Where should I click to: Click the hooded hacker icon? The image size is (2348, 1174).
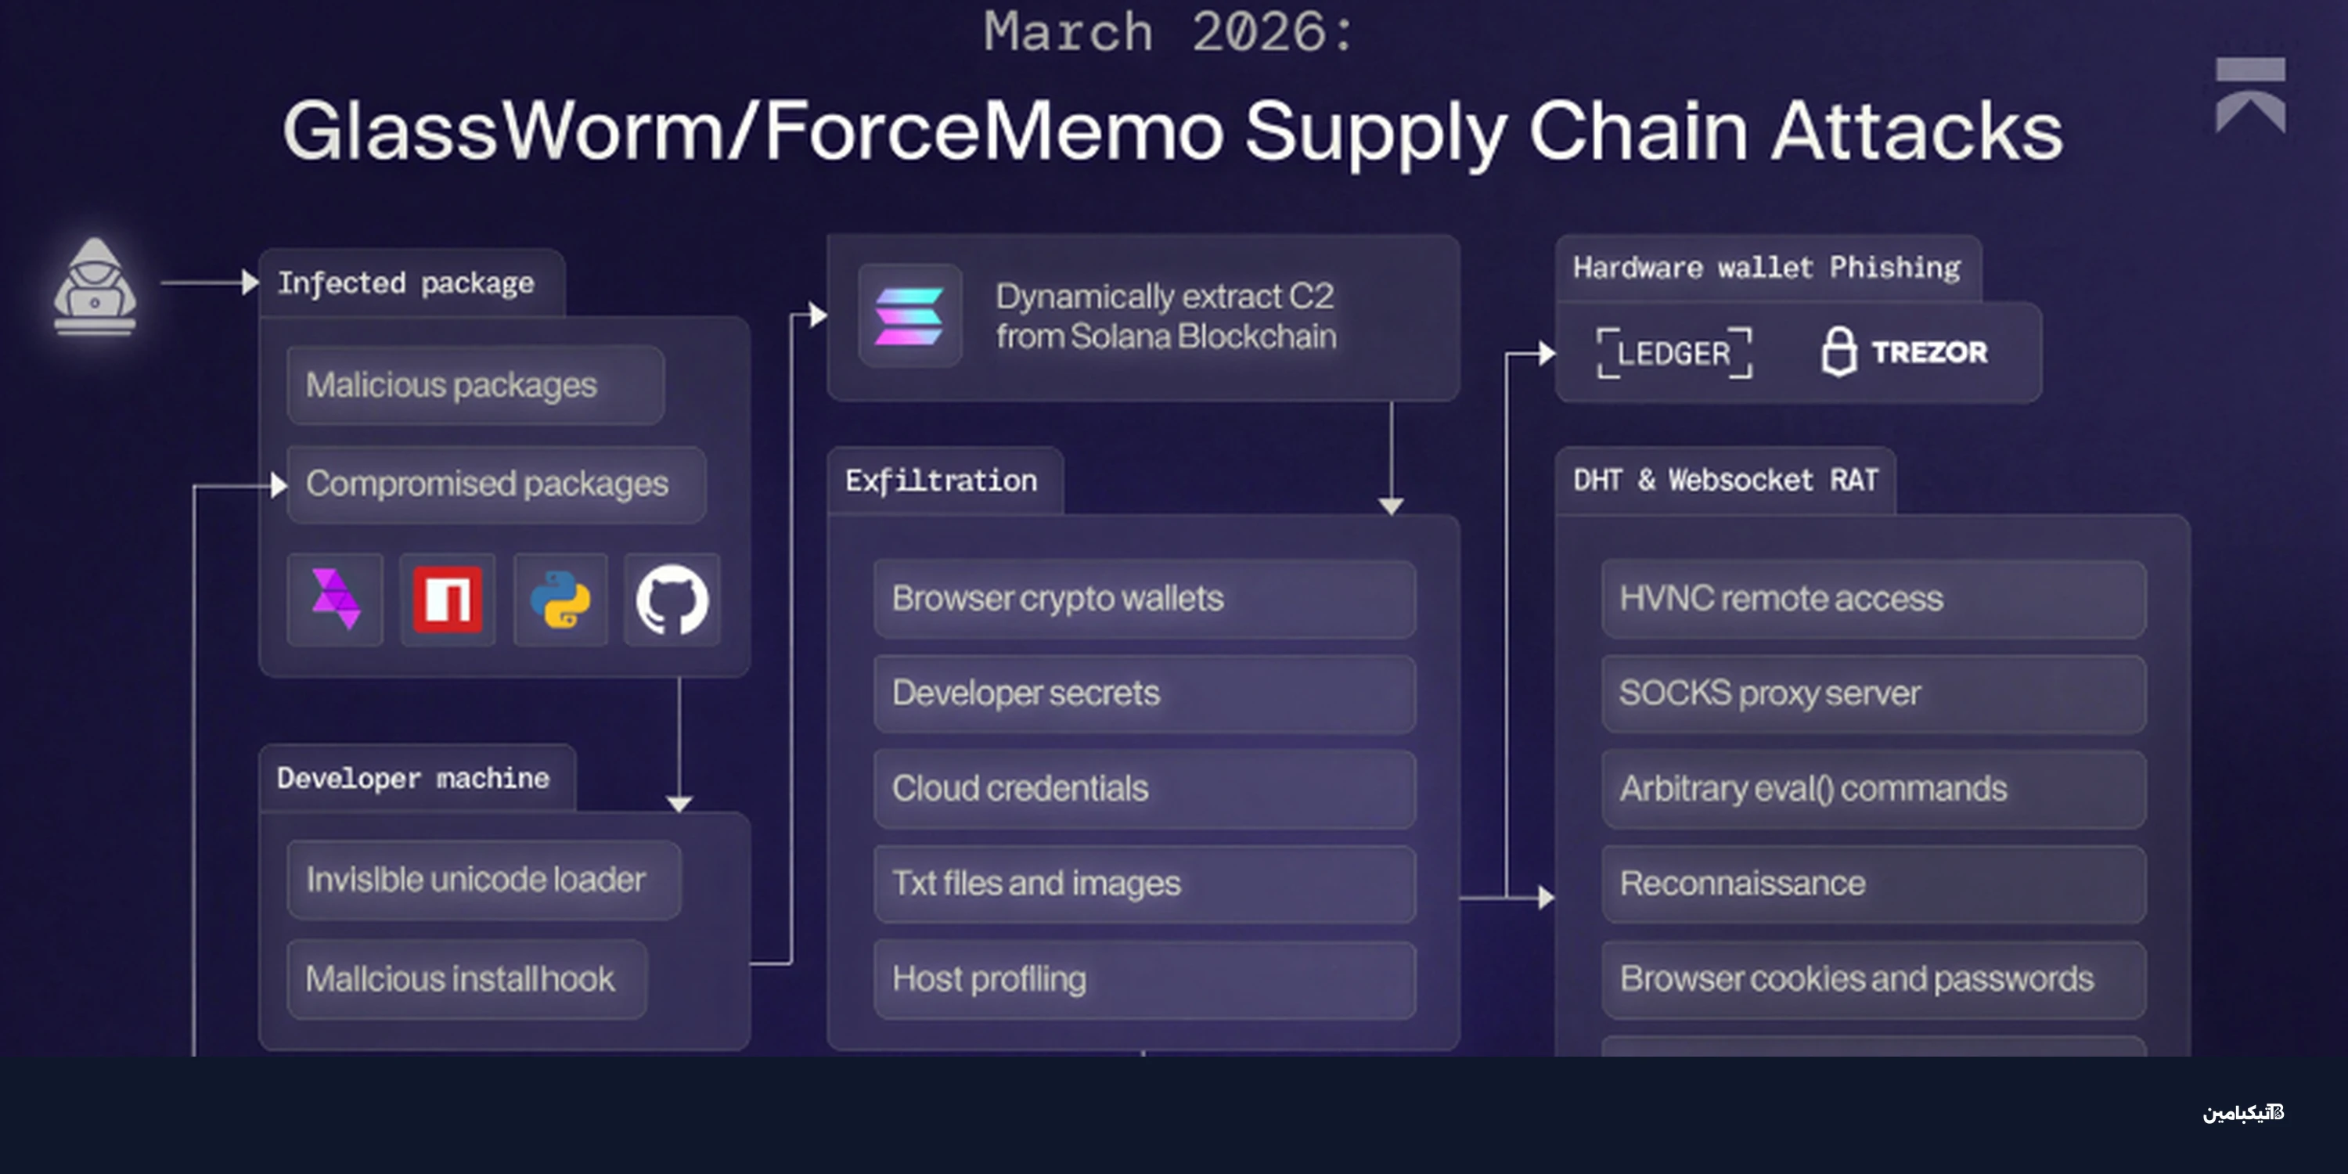(x=95, y=286)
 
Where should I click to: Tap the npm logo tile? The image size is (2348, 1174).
(x=448, y=600)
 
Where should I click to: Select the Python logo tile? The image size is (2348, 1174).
(x=560, y=600)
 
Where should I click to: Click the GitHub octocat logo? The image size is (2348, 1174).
(x=672, y=600)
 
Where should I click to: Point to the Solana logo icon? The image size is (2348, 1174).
(x=909, y=316)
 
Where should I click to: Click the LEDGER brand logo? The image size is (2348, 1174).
(x=1673, y=353)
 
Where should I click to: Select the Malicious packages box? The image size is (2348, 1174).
(x=475, y=384)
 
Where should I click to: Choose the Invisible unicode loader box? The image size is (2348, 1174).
(x=483, y=880)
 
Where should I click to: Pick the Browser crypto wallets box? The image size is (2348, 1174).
(x=1144, y=599)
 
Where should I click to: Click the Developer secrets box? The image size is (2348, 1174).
(x=1144, y=693)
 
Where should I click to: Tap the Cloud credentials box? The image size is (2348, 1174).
(x=1144, y=788)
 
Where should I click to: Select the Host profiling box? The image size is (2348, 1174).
(x=1144, y=979)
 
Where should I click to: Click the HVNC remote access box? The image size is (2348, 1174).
(x=1873, y=599)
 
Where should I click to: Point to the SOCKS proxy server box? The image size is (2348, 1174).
(x=1873, y=693)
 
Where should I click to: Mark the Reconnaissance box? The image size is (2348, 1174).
(x=1873, y=883)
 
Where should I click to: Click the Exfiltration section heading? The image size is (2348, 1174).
(x=942, y=481)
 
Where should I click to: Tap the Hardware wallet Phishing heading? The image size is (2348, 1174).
(x=1766, y=268)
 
